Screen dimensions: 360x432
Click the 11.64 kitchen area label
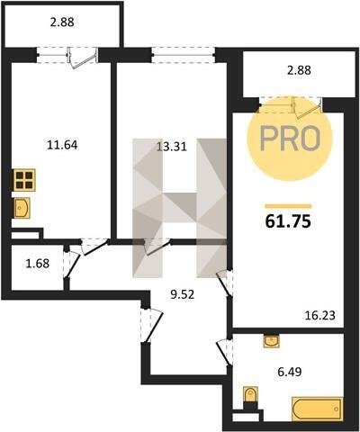[62, 145]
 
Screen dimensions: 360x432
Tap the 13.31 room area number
[172, 147]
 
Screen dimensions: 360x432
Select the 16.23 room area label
[320, 316]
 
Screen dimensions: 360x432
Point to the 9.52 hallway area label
[183, 294]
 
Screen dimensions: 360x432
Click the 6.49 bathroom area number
[290, 372]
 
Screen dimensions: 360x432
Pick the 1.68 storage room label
[38, 264]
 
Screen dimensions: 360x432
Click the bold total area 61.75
[288, 221]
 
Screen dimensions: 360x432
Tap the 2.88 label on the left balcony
[62, 22]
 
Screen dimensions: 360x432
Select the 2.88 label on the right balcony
[299, 70]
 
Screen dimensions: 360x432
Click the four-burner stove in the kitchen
[24, 180]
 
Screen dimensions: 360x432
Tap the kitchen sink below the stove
[22, 208]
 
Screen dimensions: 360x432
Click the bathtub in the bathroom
[318, 409]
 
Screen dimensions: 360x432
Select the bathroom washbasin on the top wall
[271, 341]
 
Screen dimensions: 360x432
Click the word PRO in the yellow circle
[290, 139]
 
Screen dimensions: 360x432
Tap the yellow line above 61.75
[288, 206]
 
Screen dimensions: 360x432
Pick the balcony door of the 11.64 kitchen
[83, 58]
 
